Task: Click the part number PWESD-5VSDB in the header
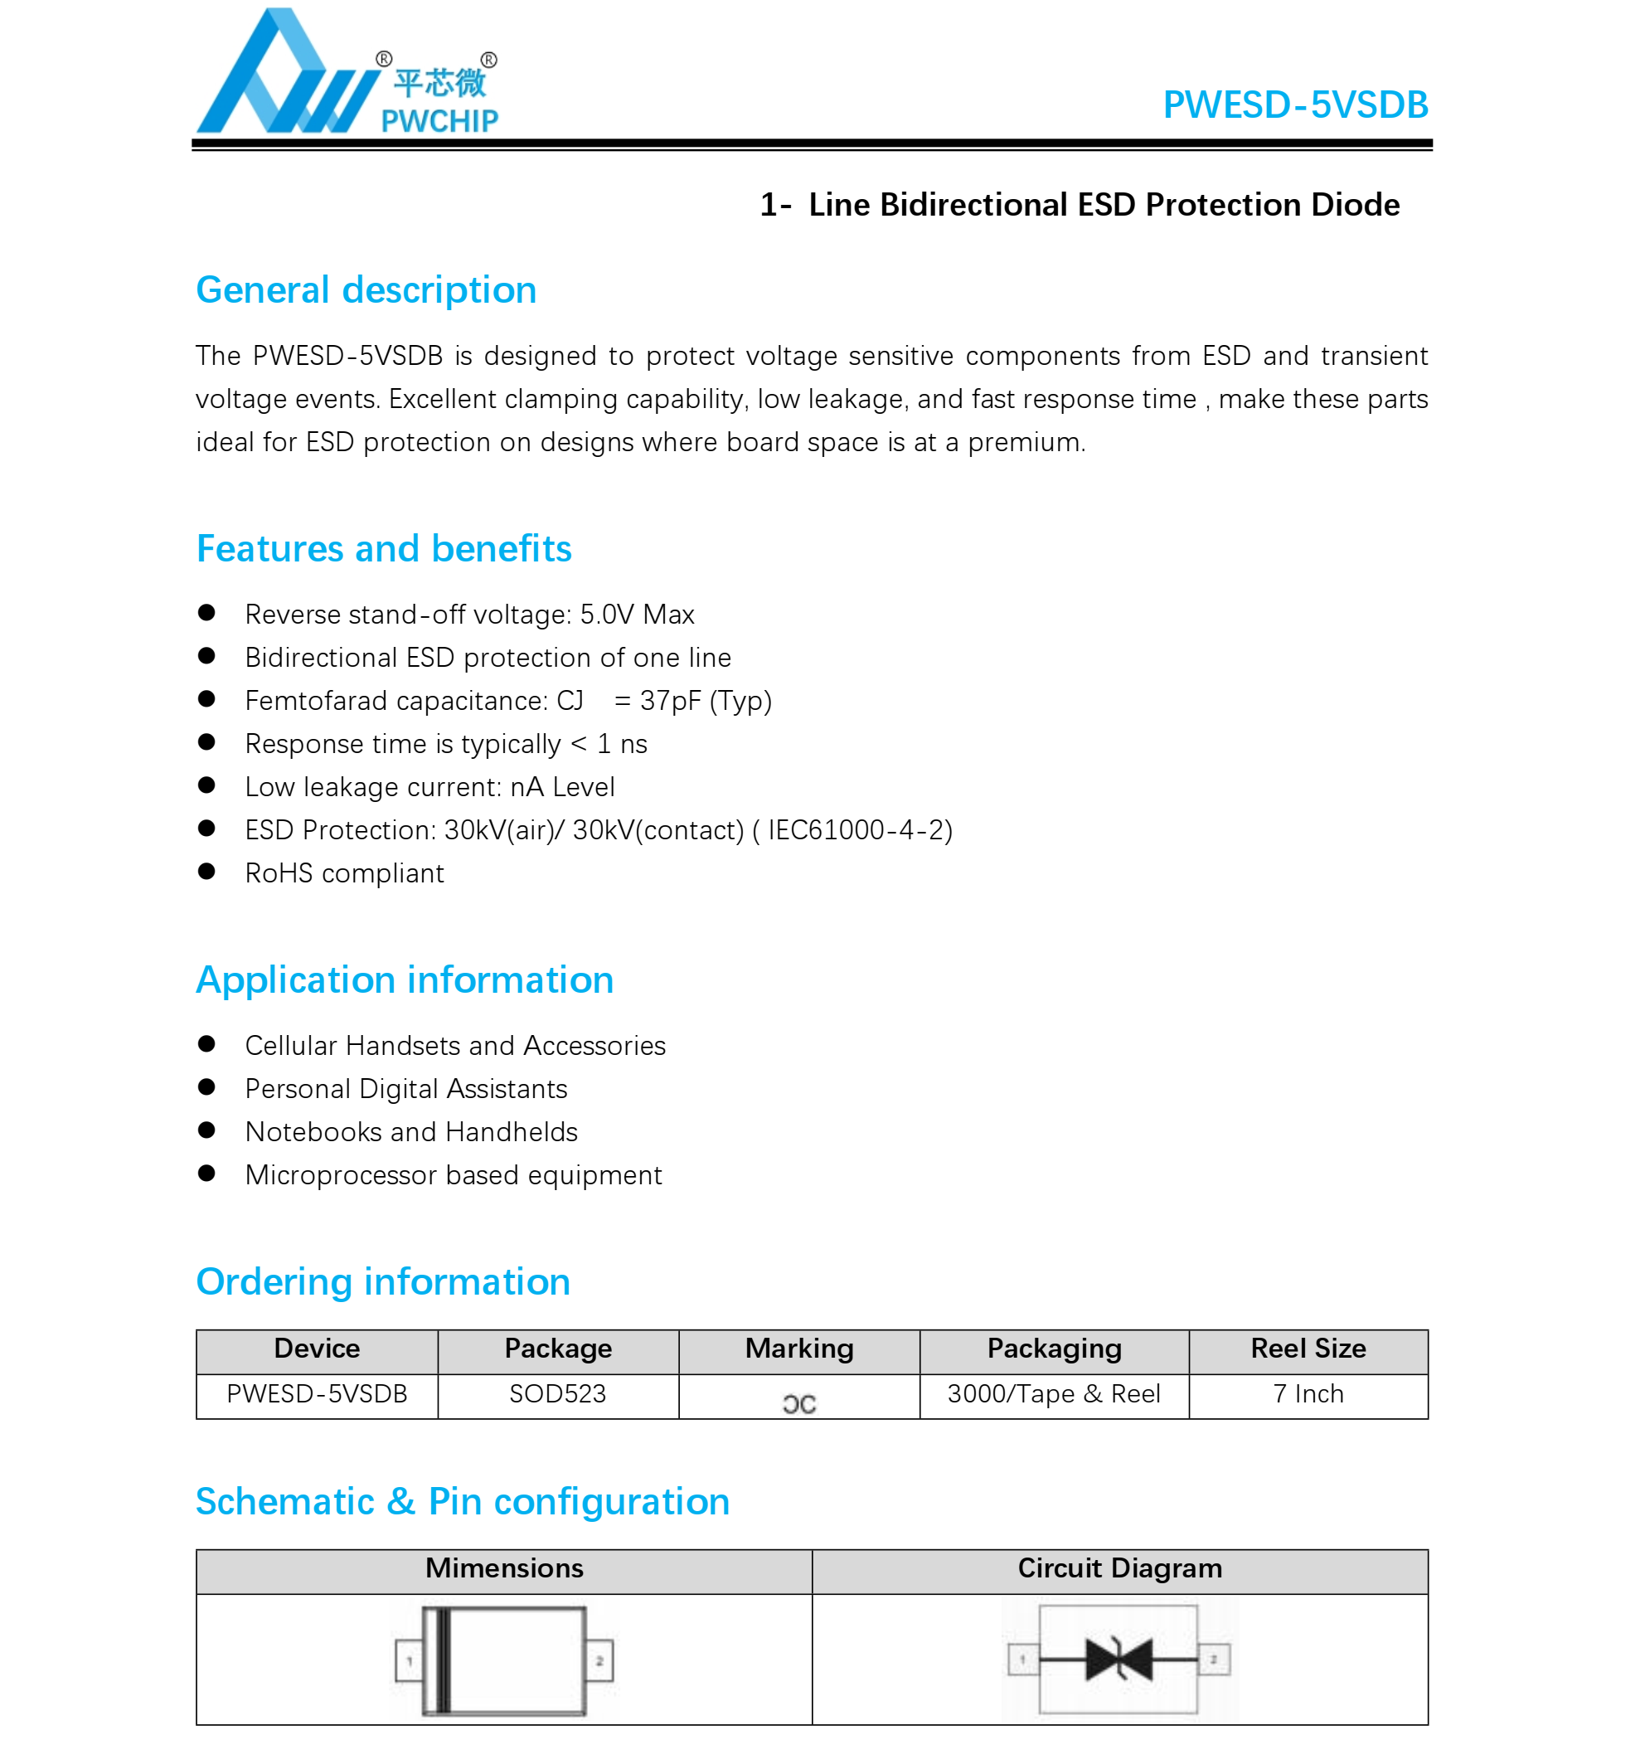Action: point(1294,104)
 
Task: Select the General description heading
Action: point(366,290)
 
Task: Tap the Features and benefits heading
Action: point(383,549)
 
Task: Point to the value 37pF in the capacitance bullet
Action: point(671,701)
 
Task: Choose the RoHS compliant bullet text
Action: point(344,873)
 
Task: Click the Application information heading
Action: point(405,980)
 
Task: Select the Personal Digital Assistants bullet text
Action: point(406,1089)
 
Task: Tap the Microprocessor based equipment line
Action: point(454,1175)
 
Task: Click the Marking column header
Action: point(798,1349)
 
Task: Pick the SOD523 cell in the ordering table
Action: point(558,1393)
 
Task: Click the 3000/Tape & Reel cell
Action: point(1053,1393)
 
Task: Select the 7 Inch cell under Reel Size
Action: point(1308,1393)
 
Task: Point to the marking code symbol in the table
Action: point(798,1404)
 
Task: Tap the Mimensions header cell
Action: point(504,1568)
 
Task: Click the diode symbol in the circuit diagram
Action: point(1118,1659)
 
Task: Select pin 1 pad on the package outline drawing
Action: point(409,1660)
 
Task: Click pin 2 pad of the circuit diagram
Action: point(1214,1659)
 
